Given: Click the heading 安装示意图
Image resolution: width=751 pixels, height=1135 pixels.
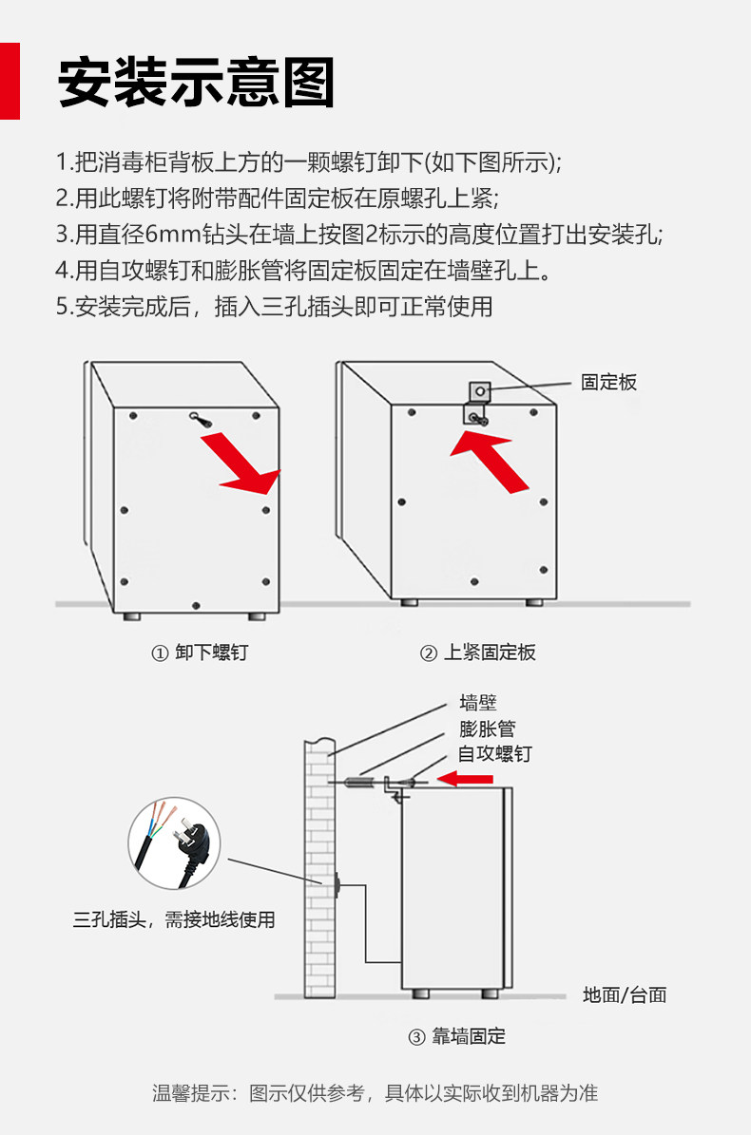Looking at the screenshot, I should [196, 83].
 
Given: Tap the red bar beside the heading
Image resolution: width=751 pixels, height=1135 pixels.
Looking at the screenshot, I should [10, 81].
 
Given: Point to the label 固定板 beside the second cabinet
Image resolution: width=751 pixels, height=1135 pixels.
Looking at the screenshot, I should [608, 383].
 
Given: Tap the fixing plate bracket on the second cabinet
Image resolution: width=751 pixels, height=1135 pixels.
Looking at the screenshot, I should [477, 404].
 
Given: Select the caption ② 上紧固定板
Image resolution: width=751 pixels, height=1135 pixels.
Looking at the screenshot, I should [478, 653].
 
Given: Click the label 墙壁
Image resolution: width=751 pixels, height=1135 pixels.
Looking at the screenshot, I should [478, 704].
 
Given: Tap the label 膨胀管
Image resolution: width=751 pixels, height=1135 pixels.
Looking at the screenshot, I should [487, 729].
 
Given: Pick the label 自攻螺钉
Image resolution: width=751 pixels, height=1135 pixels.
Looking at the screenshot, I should [494, 754].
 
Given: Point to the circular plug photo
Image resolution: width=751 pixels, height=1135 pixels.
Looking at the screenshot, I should [174, 843].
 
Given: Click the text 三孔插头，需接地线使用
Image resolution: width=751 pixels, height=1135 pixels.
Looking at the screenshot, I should [174, 919].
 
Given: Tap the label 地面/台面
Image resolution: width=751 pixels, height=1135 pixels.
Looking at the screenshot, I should [625, 995].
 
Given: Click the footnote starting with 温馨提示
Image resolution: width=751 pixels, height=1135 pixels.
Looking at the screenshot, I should [375, 1093].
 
